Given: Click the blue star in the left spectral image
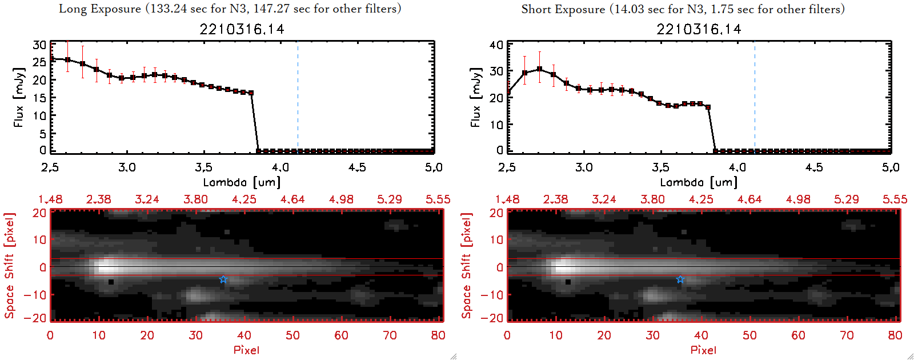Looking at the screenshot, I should (223, 279).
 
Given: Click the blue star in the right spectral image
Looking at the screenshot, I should (680, 279).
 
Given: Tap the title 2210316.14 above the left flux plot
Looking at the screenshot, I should (242, 29).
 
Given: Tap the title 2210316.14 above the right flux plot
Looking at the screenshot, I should (699, 29).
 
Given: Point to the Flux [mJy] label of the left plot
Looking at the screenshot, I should (19, 97).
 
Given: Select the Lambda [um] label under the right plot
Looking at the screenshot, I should (699, 182).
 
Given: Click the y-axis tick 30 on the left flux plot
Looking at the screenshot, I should (39, 45).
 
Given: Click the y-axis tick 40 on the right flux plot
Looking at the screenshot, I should (496, 45).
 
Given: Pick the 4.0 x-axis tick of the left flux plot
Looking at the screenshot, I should (280, 167).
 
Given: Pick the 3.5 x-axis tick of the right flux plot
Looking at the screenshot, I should (661, 167).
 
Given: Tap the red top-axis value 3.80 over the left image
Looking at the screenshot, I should (195, 199).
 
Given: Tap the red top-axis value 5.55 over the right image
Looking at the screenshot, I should (895, 199).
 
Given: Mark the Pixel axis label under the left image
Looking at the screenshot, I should (246, 350).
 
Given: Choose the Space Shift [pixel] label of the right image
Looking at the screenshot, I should (467, 266).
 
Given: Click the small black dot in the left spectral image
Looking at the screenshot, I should (111, 282).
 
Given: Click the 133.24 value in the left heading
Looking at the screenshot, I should (169, 9).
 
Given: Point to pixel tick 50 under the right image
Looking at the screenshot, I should (749, 335).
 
